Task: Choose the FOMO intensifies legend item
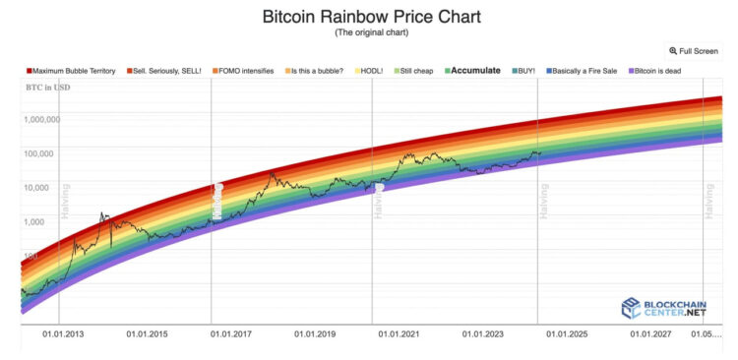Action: click(246, 71)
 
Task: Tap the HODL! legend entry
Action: click(370, 71)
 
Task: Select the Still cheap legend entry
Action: click(417, 71)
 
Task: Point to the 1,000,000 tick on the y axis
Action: click(40, 119)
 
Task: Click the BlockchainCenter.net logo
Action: click(663, 308)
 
